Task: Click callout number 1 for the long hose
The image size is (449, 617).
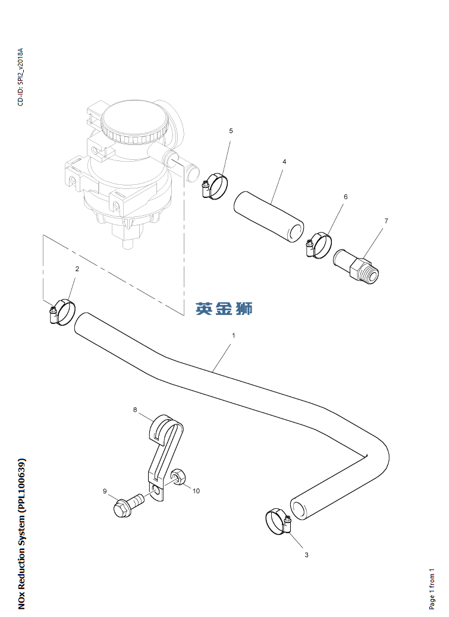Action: [x=234, y=335]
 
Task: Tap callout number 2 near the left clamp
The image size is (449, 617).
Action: [x=77, y=269]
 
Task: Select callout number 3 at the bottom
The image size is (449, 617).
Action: [x=306, y=555]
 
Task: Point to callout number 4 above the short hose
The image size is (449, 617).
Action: [x=284, y=162]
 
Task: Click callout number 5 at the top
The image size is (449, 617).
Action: [x=231, y=130]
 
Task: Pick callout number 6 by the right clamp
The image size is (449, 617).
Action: [x=346, y=197]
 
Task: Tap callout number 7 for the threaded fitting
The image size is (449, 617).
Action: [x=386, y=221]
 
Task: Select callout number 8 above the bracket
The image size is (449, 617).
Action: [x=135, y=410]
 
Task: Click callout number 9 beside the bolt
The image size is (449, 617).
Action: [x=105, y=491]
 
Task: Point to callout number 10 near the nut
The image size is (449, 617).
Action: [x=196, y=491]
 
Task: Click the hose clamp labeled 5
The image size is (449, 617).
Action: [x=214, y=187]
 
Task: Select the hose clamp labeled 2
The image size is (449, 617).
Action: [x=62, y=311]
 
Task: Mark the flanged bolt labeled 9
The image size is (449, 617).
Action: [x=128, y=505]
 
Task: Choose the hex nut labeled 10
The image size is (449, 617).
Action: [x=178, y=477]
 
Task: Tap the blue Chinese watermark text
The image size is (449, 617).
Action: [x=224, y=308]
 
